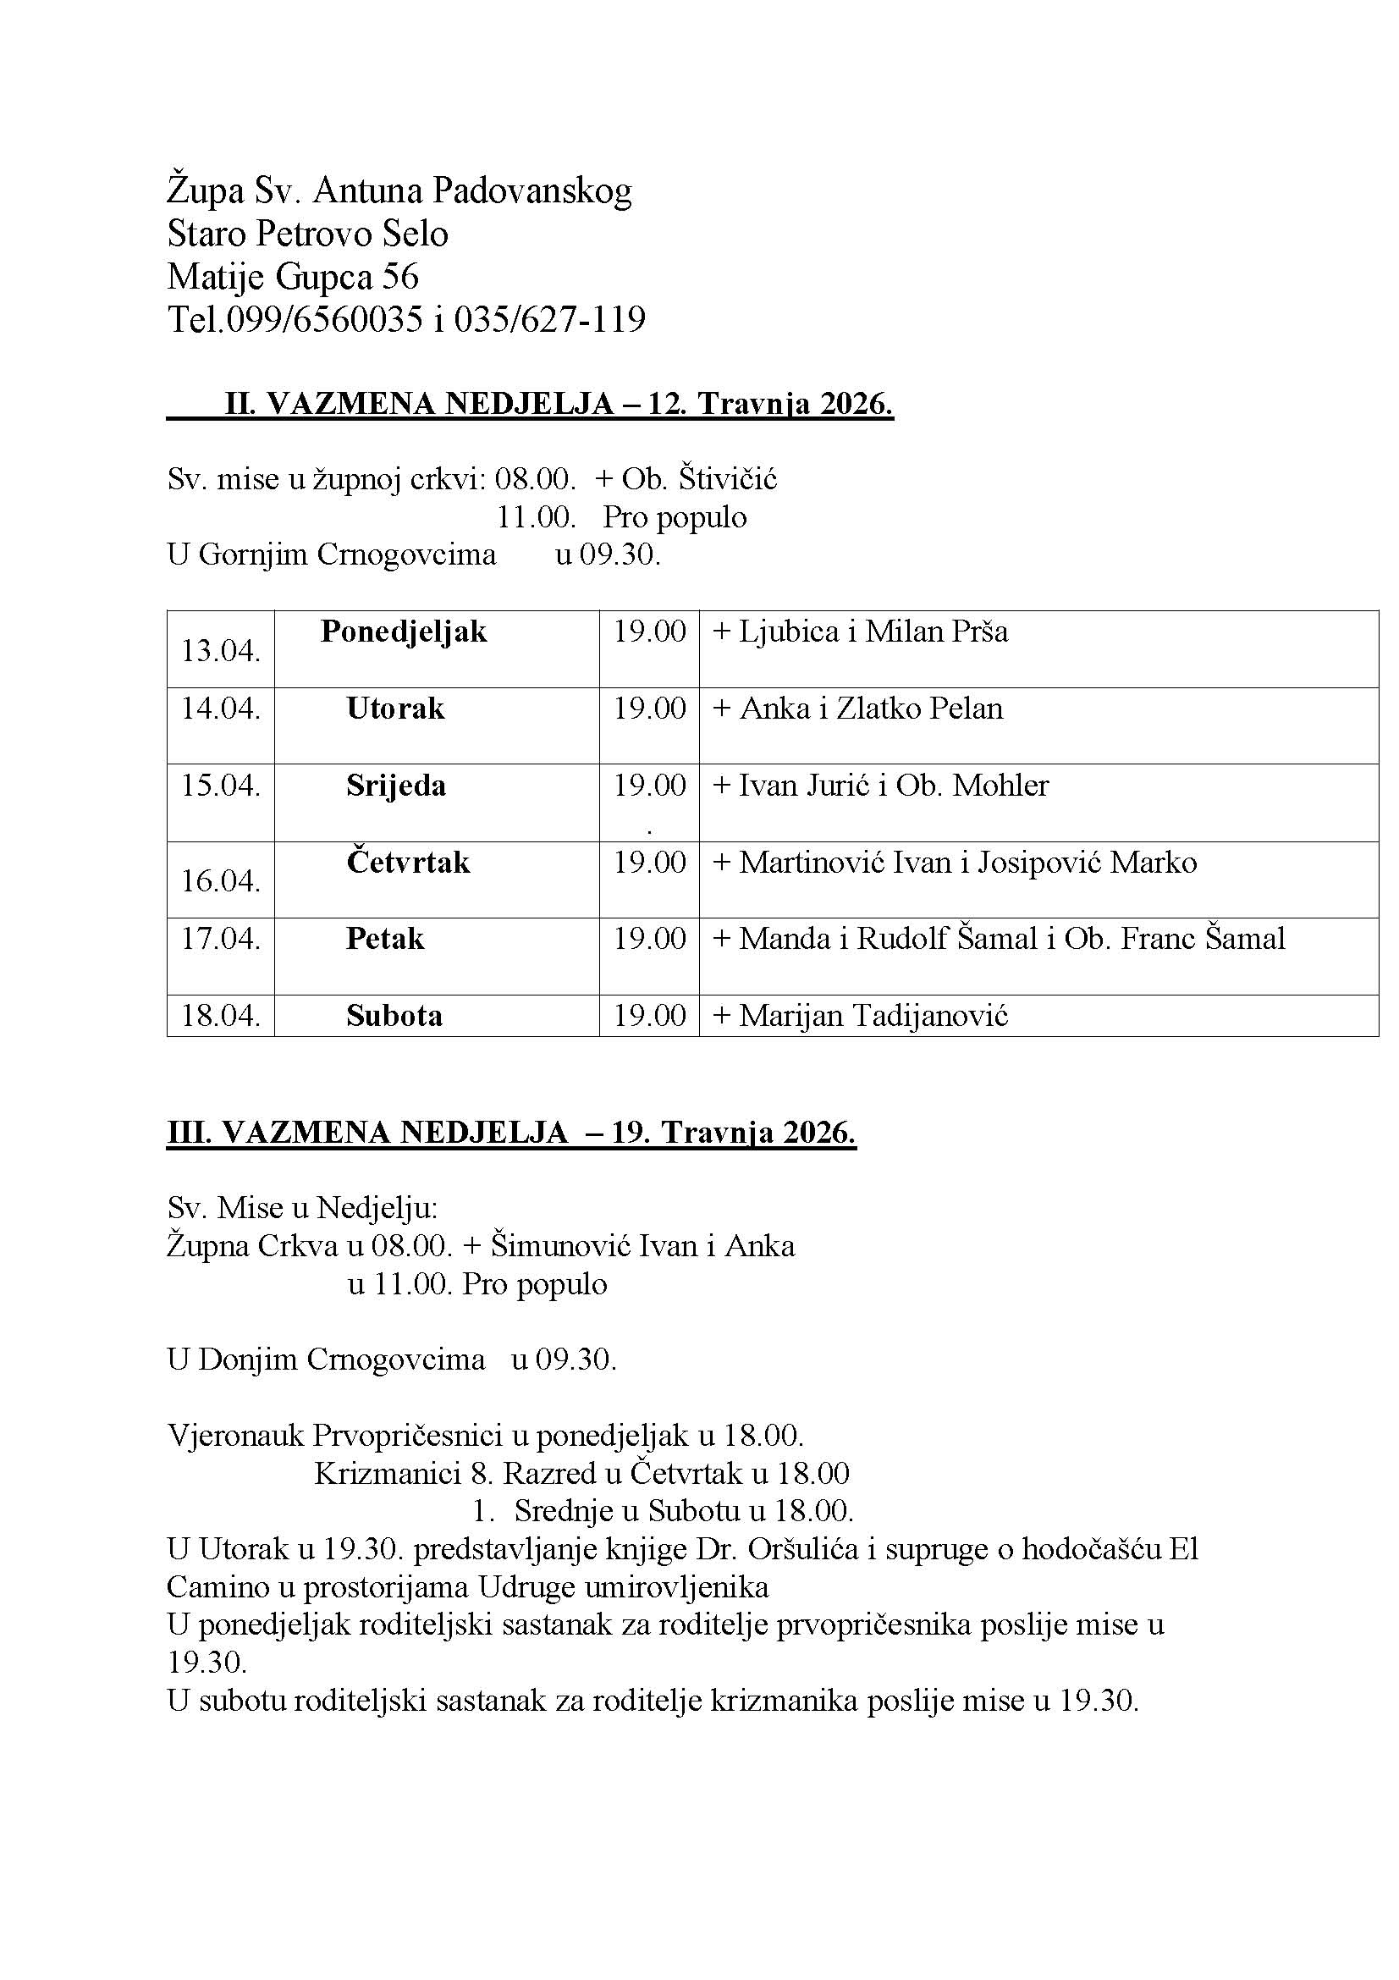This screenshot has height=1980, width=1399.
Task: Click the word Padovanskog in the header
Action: (531, 191)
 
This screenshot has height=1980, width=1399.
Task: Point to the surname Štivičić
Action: (728, 478)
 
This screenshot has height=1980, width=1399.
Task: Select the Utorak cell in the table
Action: (395, 709)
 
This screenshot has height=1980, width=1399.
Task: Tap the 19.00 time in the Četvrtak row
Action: (649, 863)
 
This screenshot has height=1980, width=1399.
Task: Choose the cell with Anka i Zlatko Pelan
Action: (871, 709)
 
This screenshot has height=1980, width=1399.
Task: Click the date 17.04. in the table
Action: (221, 938)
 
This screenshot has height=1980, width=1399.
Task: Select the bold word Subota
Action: (394, 1016)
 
